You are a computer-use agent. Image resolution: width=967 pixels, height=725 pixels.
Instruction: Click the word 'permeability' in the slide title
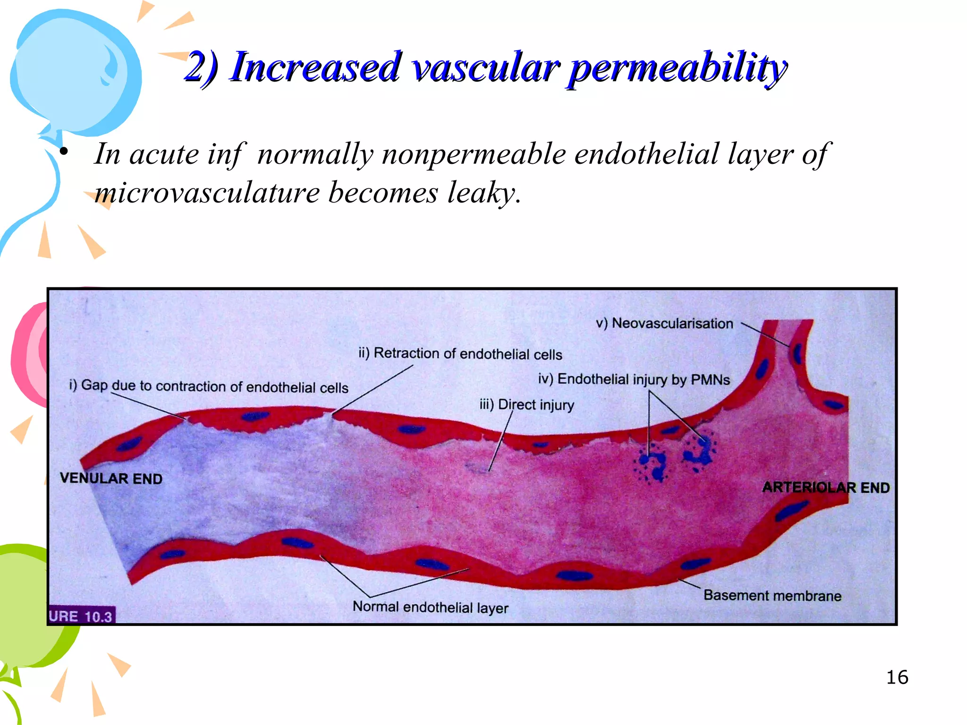[x=678, y=68]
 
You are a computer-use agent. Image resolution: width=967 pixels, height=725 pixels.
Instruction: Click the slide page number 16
[x=897, y=677]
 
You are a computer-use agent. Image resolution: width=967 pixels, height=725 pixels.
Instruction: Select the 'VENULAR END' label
[x=111, y=478]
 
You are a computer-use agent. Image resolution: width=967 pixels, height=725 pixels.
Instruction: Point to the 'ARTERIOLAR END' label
[x=826, y=487]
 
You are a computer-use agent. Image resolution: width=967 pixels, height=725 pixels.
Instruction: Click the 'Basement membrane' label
[x=772, y=595]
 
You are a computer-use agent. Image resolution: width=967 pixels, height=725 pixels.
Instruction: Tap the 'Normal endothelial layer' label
[x=430, y=607]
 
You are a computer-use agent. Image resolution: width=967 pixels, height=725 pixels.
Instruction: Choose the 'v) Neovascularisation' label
[x=664, y=323]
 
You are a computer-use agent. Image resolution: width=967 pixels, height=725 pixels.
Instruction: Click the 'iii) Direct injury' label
[x=526, y=405]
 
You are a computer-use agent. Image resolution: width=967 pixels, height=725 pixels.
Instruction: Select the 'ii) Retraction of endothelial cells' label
[x=460, y=354]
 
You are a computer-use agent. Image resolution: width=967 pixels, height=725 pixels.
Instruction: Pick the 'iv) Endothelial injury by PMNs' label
[x=634, y=379]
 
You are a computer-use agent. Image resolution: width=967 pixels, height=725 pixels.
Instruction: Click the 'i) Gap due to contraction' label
[x=209, y=386]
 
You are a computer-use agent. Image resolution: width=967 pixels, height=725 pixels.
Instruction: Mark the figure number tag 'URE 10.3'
[x=81, y=616]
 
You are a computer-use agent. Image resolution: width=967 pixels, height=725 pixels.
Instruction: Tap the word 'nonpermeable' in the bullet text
[x=474, y=154]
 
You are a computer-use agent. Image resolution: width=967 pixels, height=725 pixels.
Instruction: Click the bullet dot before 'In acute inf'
[x=64, y=152]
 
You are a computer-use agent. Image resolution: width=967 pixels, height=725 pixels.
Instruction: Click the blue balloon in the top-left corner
[x=76, y=71]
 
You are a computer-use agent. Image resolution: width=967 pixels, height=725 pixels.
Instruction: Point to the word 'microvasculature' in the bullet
[x=207, y=193]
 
